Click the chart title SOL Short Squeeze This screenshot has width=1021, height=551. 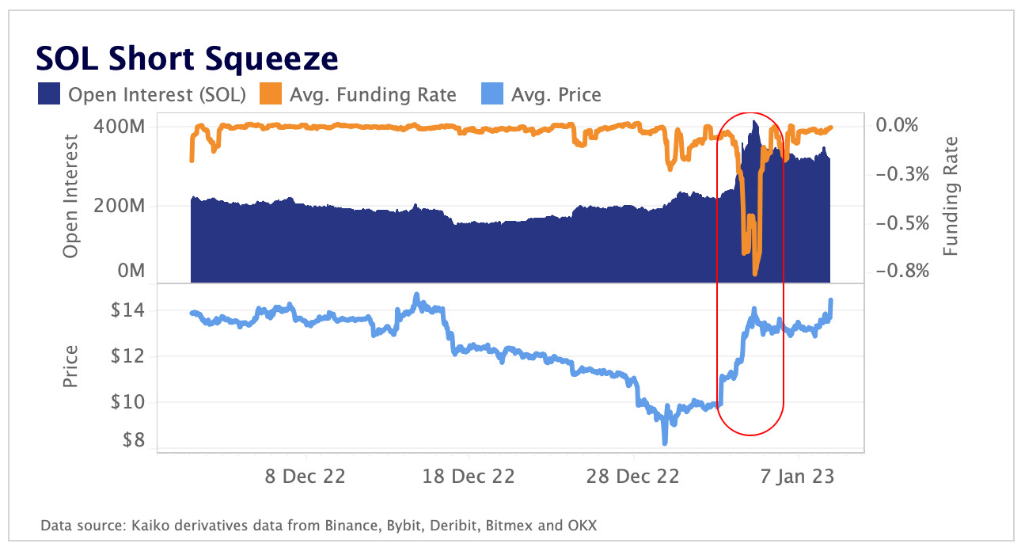click(x=187, y=59)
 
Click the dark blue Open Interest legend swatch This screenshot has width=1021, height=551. click(x=49, y=95)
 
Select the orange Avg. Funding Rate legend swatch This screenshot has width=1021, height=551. click(x=271, y=95)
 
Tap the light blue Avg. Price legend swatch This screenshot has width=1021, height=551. click(x=492, y=95)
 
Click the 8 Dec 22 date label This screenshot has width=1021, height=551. click(x=304, y=478)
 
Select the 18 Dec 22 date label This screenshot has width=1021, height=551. click(x=469, y=478)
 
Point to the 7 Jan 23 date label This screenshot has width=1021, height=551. click(x=798, y=478)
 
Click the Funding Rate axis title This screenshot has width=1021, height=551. click(x=951, y=196)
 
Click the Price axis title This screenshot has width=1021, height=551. click(x=71, y=366)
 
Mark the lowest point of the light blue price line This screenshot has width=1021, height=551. click(x=664, y=443)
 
